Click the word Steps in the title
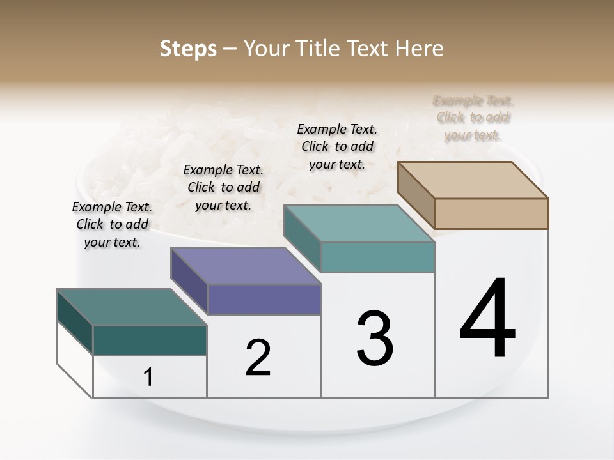188,49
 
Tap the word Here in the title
420,49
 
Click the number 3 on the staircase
375,338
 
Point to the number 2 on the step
258,357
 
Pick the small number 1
148,377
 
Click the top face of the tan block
473,180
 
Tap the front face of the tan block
491,213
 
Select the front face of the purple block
264,299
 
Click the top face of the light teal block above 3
359,223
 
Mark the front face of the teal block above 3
377,257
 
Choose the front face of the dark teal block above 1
150,340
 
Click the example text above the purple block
223,187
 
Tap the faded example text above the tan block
473,118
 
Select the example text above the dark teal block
112,224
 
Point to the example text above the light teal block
337,146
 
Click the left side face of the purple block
189,279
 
